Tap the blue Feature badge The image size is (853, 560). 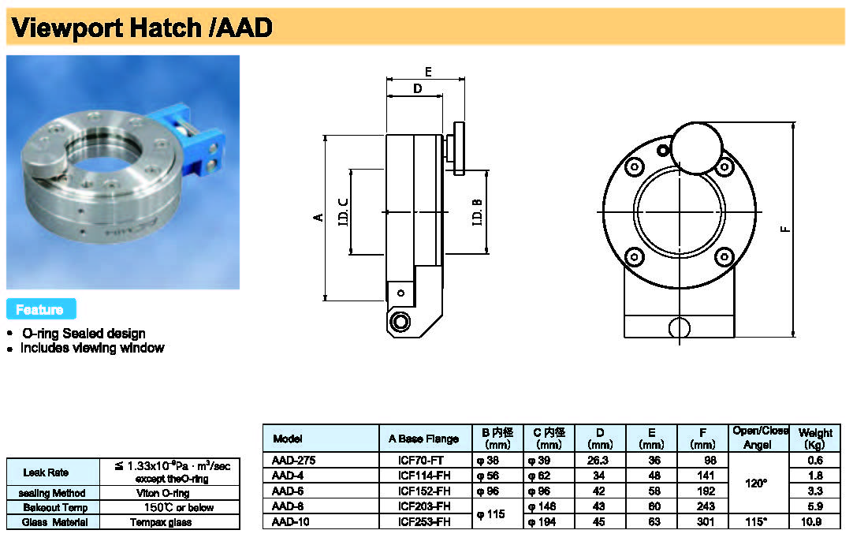tap(40, 309)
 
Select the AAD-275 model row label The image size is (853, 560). tap(293, 460)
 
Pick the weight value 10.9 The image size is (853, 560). tap(815, 522)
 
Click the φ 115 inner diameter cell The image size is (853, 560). tap(497, 514)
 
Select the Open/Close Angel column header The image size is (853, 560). tap(760, 438)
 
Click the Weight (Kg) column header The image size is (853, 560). tap(815, 438)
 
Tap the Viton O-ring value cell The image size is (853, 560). tap(161, 493)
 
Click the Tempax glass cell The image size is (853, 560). tap(161, 521)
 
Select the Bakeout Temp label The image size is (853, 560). tap(55, 507)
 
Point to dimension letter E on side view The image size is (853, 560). tap(428, 72)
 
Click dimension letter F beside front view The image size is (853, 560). tap(784, 229)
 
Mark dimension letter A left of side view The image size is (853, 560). tap(318, 217)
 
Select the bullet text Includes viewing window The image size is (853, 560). tap(92, 348)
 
